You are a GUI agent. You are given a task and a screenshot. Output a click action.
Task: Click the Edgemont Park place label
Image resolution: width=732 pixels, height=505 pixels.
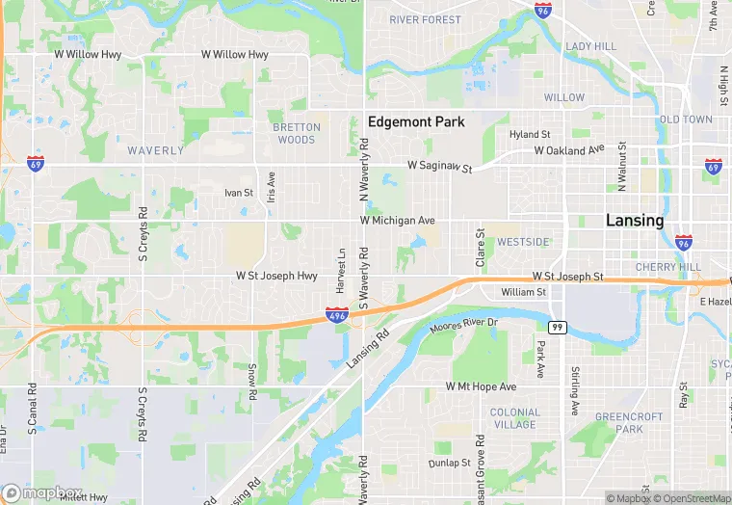[416, 122]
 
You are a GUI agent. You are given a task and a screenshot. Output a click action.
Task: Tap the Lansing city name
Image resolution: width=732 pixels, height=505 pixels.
[635, 221]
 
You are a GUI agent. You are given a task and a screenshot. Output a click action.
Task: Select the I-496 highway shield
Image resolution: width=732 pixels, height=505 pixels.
[336, 315]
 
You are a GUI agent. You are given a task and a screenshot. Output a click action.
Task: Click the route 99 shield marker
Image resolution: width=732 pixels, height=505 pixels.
[557, 328]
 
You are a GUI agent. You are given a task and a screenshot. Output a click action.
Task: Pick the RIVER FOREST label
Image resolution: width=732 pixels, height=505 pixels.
[426, 19]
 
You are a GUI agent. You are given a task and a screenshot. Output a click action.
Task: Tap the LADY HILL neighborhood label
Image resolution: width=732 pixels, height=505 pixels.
[590, 46]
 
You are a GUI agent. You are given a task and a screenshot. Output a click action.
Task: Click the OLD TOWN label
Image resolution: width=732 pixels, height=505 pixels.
[686, 120]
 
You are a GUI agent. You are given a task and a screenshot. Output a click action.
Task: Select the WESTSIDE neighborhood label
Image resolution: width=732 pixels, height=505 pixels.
[523, 241]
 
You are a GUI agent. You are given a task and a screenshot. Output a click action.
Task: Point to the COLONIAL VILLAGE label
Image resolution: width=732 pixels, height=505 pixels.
[514, 418]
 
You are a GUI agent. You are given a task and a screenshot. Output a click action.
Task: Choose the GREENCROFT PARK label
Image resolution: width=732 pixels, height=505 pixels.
[618, 422]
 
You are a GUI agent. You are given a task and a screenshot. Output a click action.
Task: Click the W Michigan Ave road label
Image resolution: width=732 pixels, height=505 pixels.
[398, 221]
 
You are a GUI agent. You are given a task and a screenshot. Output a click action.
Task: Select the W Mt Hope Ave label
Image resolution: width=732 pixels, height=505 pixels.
[481, 386]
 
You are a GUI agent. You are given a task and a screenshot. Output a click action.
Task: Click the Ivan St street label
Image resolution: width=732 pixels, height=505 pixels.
[238, 193]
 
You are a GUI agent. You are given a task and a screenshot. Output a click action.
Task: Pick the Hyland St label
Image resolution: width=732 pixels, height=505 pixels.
[530, 135]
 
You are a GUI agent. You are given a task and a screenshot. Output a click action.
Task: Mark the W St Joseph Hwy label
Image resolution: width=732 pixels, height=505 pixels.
[276, 276]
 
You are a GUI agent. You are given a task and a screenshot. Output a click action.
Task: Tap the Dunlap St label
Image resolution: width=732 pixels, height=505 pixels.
[450, 463]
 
